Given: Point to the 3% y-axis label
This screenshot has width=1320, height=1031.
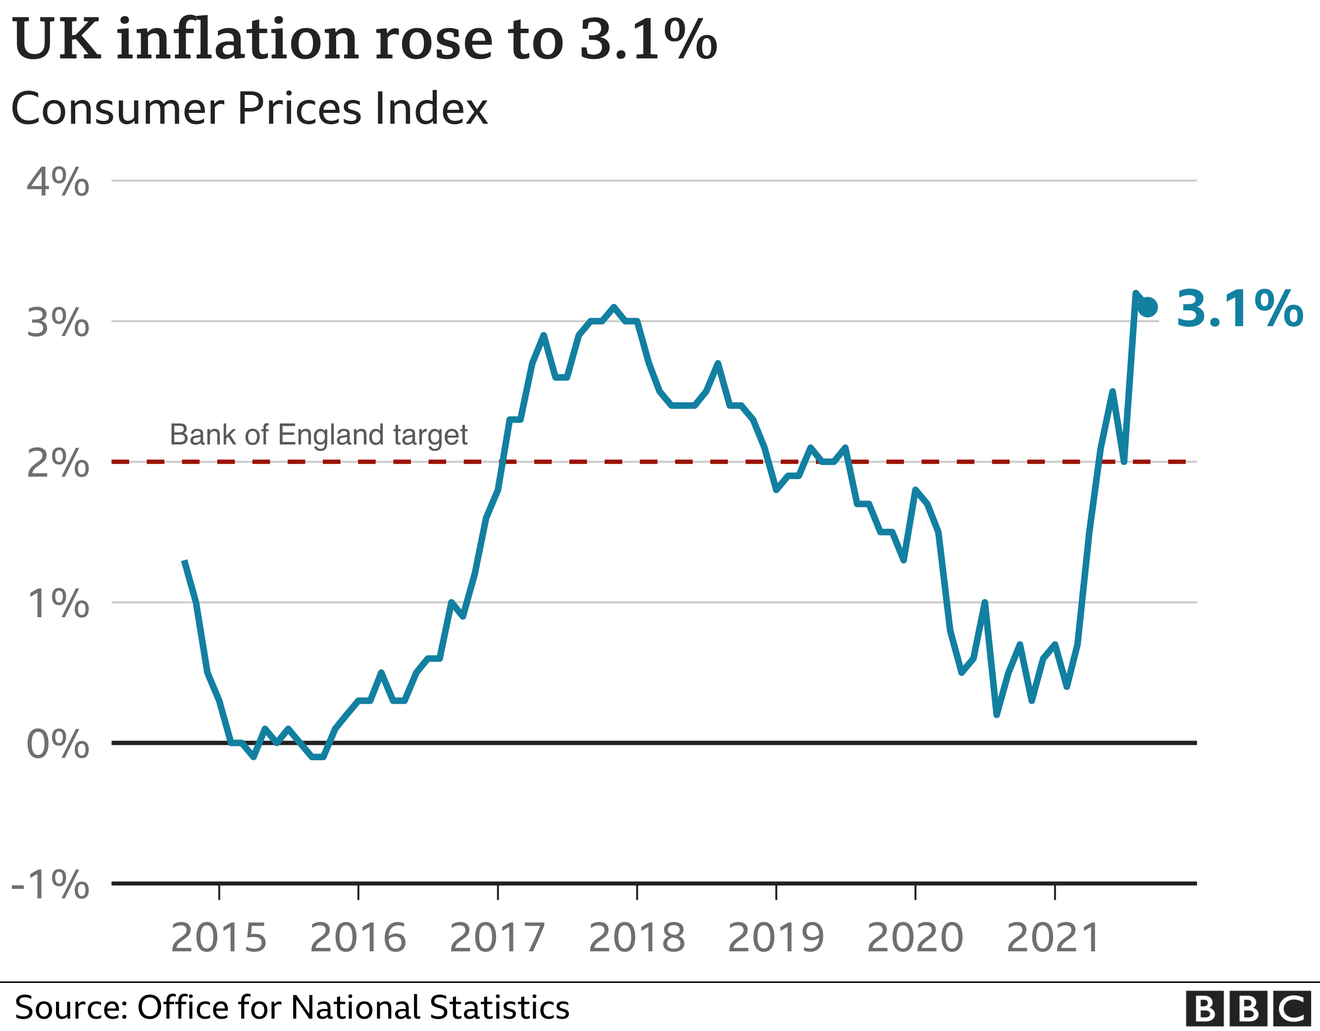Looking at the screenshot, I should [x=58, y=323].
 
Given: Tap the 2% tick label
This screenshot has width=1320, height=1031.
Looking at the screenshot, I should [x=58, y=463].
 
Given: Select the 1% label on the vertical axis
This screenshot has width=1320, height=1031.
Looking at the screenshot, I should [x=58, y=604].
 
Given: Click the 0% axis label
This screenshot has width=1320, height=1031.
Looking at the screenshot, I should [x=58, y=744].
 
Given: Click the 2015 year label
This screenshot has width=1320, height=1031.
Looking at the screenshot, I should [x=219, y=938].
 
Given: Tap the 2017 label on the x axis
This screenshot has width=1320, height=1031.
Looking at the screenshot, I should [x=498, y=938].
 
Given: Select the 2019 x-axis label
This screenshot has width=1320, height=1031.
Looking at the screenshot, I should [x=776, y=938].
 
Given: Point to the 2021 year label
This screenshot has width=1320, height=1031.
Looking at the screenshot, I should [x=1054, y=938].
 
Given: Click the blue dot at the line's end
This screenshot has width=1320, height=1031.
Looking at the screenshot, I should [x=1148, y=307].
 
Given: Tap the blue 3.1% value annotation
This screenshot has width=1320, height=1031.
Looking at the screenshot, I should [x=1239, y=309].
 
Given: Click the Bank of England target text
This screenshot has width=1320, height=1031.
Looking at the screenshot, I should [x=318, y=435].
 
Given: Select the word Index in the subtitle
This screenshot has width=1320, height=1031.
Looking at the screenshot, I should [x=431, y=109].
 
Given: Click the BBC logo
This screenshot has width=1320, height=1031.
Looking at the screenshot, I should [x=1248, y=1009].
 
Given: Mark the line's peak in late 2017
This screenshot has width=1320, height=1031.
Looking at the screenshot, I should [x=614, y=307].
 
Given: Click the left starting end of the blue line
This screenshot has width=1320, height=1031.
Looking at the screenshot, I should [x=184, y=561].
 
